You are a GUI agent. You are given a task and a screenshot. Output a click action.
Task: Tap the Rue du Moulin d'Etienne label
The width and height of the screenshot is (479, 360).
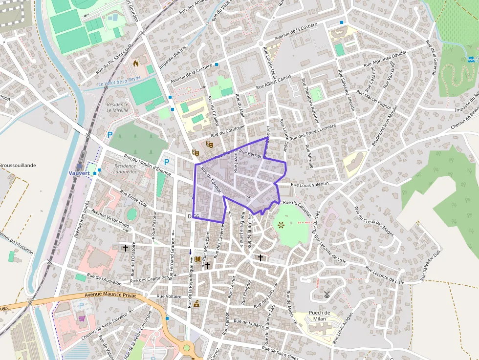pyautogui.click(x=147, y=165)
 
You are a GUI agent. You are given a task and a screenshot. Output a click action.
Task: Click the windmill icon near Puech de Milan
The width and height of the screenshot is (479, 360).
pyautogui.click(x=327, y=295)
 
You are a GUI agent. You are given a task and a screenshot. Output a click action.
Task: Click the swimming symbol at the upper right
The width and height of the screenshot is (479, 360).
pyautogui.click(x=470, y=59)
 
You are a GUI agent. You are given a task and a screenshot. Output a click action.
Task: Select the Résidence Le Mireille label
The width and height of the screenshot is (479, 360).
pyautogui.click(x=117, y=107)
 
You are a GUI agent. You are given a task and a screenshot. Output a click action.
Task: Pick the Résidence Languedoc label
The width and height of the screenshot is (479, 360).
pyautogui.click(x=125, y=169)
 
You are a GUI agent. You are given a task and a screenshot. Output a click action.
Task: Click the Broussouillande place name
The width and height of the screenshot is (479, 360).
pyautogui.click(x=18, y=166)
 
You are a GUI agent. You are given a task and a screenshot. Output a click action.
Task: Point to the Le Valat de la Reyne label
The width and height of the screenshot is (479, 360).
pyautogui.click(x=119, y=81)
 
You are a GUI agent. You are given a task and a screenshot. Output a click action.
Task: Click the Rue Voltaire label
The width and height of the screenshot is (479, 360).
pyautogui.click(x=169, y=296)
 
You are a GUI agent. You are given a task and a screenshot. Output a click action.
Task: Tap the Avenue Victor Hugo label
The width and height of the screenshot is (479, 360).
pyautogui.click(x=110, y=219)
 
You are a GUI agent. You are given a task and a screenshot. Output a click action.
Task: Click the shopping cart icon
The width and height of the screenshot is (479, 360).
pyautogui.click(x=81, y=318)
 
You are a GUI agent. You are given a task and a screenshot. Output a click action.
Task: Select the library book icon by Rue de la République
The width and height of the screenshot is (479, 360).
pyautogui.click(x=197, y=258)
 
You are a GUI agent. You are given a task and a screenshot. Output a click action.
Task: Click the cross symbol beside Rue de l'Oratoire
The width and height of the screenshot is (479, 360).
pyautogui.click(x=126, y=248)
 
